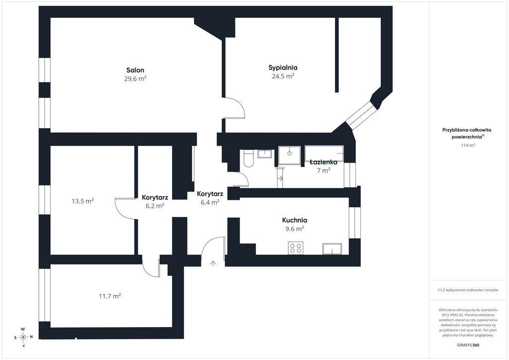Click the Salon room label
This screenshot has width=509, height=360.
[x=135, y=70]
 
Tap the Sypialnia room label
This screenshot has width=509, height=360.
[x=283, y=68]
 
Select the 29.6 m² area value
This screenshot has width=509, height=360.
[x=135, y=79]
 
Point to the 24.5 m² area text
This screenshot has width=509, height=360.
[x=283, y=76]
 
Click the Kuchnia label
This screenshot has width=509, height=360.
[x=295, y=220]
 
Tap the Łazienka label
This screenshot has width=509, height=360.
[x=323, y=162]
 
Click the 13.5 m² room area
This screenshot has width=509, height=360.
[x=83, y=201]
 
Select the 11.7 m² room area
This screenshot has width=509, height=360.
[x=110, y=296]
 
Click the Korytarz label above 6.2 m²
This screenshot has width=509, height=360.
[x=155, y=197]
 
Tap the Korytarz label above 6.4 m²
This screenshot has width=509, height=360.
[x=210, y=194]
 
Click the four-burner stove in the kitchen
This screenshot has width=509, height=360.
[x=296, y=248]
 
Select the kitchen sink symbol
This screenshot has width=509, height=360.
[x=332, y=249]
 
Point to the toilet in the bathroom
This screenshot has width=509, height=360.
[x=249, y=158]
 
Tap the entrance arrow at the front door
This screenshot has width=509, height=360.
[x=213, y=263]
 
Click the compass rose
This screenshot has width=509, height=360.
[x=23, y=337]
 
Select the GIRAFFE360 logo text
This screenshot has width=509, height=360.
[x=466, y=345]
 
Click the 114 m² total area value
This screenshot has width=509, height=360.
[x=468, y=145]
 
